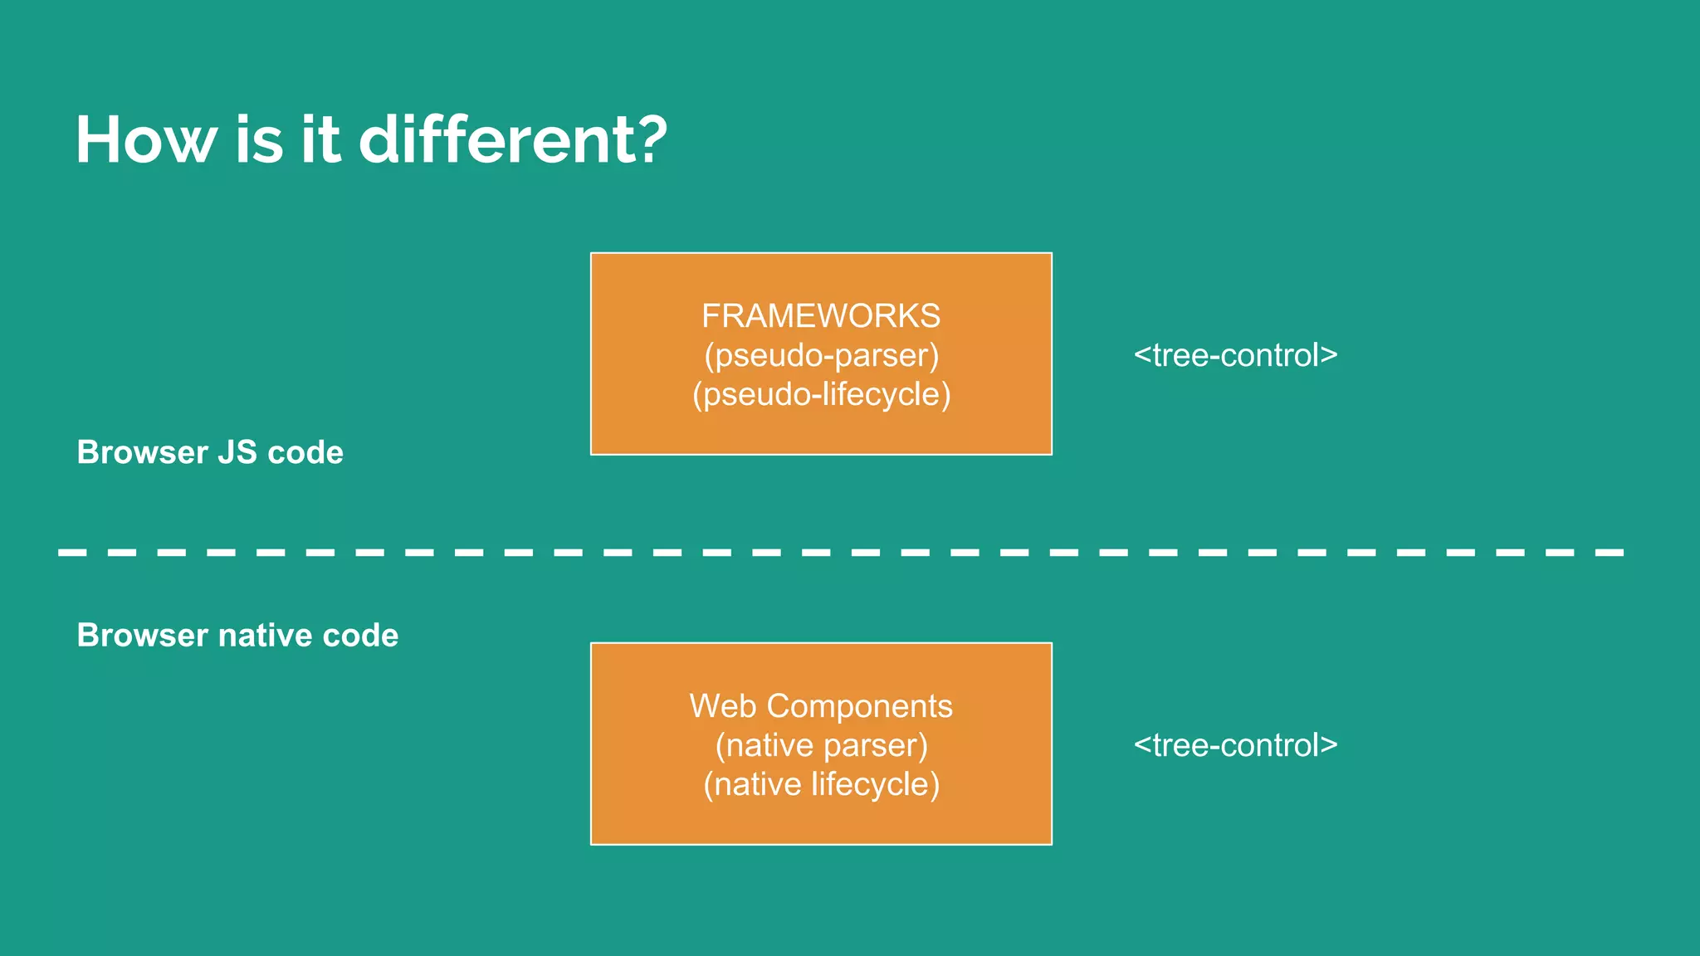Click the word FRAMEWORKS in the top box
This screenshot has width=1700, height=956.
pos(820,316)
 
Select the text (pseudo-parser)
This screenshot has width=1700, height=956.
pos(821,355)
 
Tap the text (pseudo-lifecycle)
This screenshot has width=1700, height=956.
pos(821,394)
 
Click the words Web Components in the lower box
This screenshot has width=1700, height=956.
pos(820,706)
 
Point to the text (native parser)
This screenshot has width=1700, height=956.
pos(821,745)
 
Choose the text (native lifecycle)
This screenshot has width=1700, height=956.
pos(821,784)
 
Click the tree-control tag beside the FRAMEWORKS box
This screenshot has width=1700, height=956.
pos(1235,355)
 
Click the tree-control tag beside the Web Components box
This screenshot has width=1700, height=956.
pos(1235,745)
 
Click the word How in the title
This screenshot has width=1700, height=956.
pos(146,139)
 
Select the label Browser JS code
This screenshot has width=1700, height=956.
pos(210,452)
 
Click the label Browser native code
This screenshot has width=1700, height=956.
pos(237,635)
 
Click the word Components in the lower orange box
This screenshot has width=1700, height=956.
pos(859,706)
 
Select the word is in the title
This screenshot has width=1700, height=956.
pos(259,139)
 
